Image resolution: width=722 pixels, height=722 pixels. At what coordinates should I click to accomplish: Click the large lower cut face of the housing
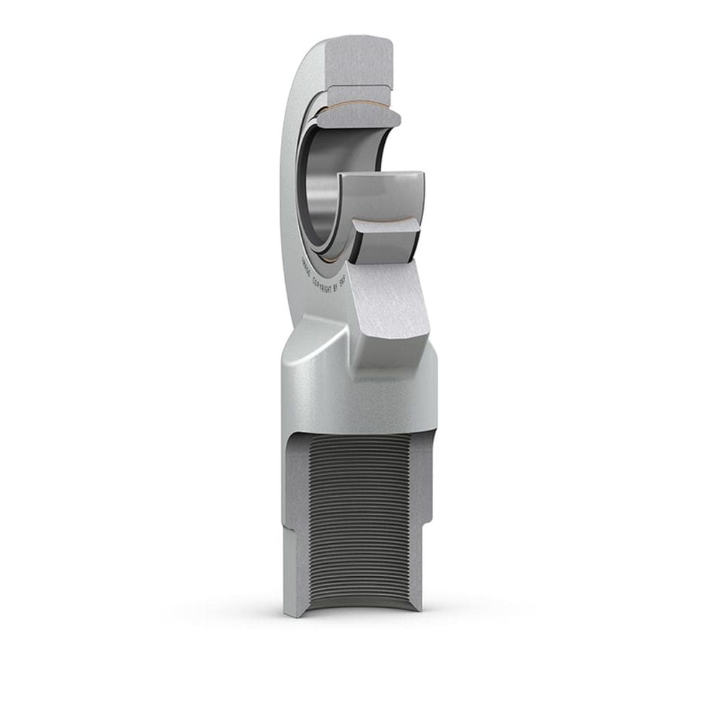coord(393,303)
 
